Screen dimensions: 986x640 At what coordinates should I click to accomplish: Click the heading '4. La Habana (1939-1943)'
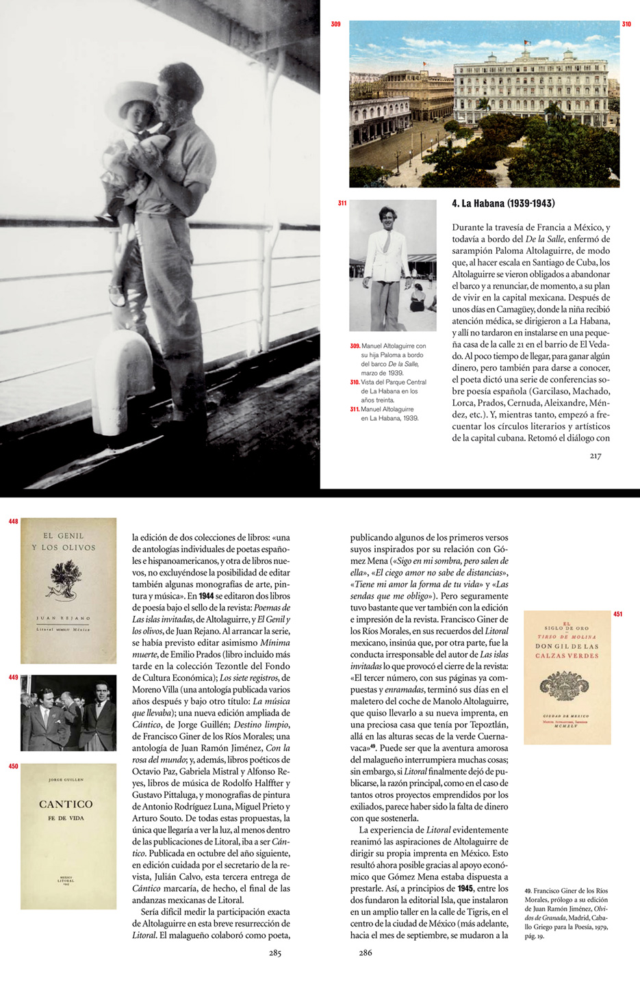point(503,203)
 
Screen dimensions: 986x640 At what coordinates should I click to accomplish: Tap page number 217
point(595,456)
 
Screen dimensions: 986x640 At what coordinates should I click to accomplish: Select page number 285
point(275,952)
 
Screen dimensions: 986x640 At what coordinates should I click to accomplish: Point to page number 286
point(365,952)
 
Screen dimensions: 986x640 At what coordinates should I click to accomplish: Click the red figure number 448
point(13,521)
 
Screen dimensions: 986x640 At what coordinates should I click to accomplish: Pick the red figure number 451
point(618,614)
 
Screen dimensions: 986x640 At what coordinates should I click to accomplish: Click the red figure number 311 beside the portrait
point(342,203)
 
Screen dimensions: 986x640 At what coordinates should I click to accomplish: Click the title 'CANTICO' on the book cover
point(66,804)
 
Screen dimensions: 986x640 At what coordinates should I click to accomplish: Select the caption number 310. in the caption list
point(355,382)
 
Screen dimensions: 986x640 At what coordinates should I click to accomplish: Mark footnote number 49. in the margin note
point(528,891)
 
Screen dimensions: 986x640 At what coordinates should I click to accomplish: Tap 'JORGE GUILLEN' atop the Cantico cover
point(66,780)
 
